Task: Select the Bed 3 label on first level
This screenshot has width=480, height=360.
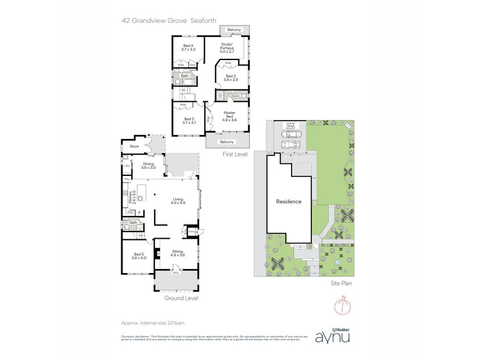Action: pos(231,77)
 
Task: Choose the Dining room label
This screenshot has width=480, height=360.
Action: pos(148,166)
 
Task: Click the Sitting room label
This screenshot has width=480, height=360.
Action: pos(177,253)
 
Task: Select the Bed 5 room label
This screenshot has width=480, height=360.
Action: pos(139,256)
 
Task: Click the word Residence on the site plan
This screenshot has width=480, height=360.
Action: pos(289,202)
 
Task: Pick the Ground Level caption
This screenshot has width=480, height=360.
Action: pos(181,298)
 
